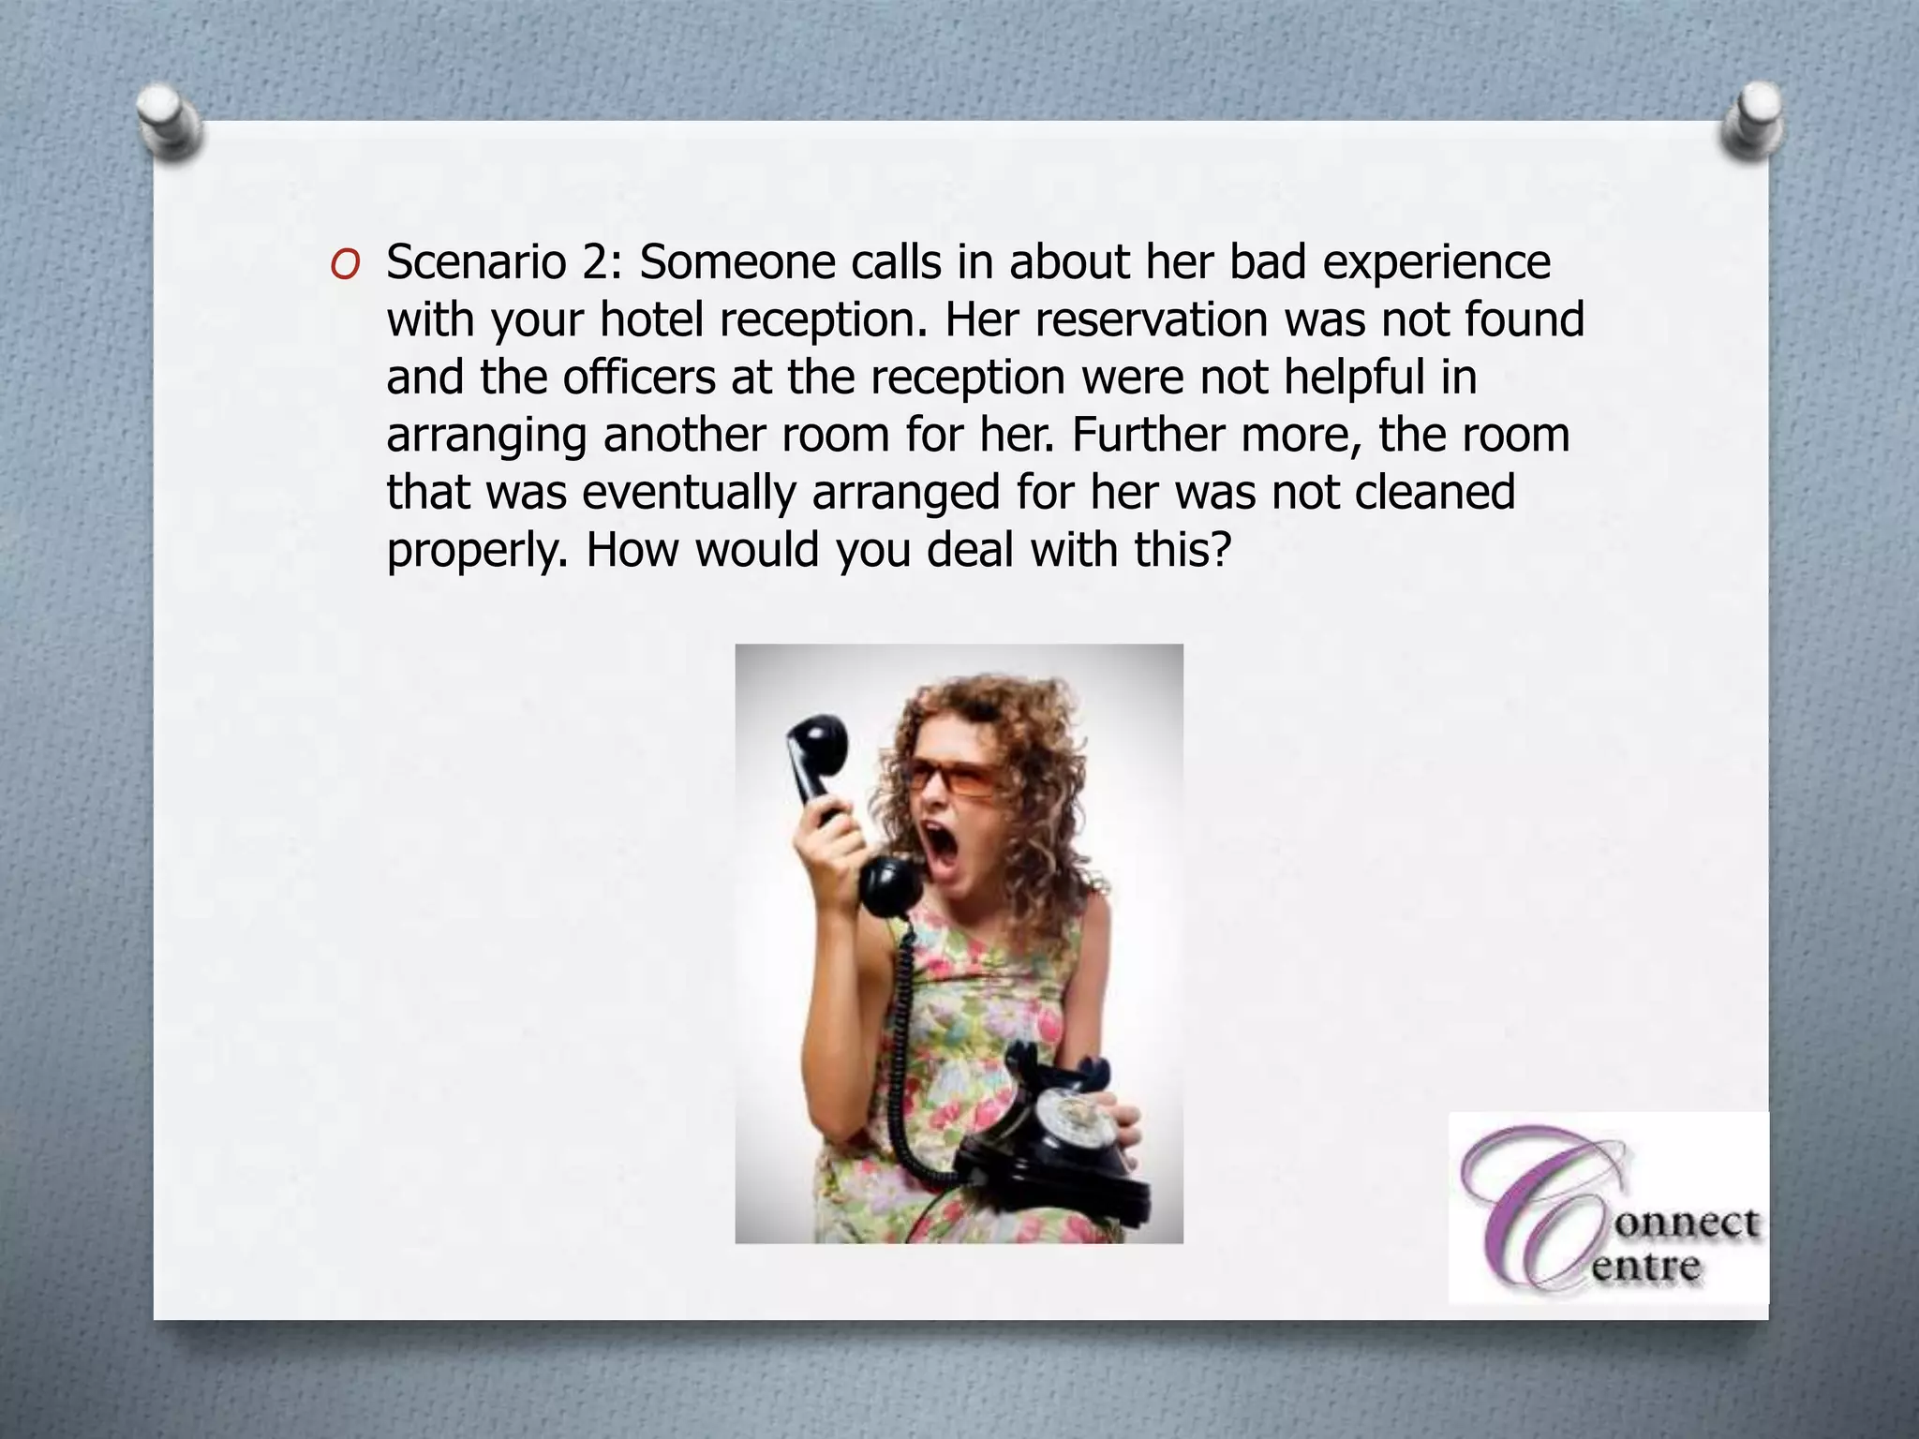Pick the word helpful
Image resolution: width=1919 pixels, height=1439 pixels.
pos(1354,377)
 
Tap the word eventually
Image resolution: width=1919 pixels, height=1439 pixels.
pos(689,493)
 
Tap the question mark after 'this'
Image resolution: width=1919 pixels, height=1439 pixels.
pos(1218,549)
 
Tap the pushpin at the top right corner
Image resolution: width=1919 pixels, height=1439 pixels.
pos(1750,120)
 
